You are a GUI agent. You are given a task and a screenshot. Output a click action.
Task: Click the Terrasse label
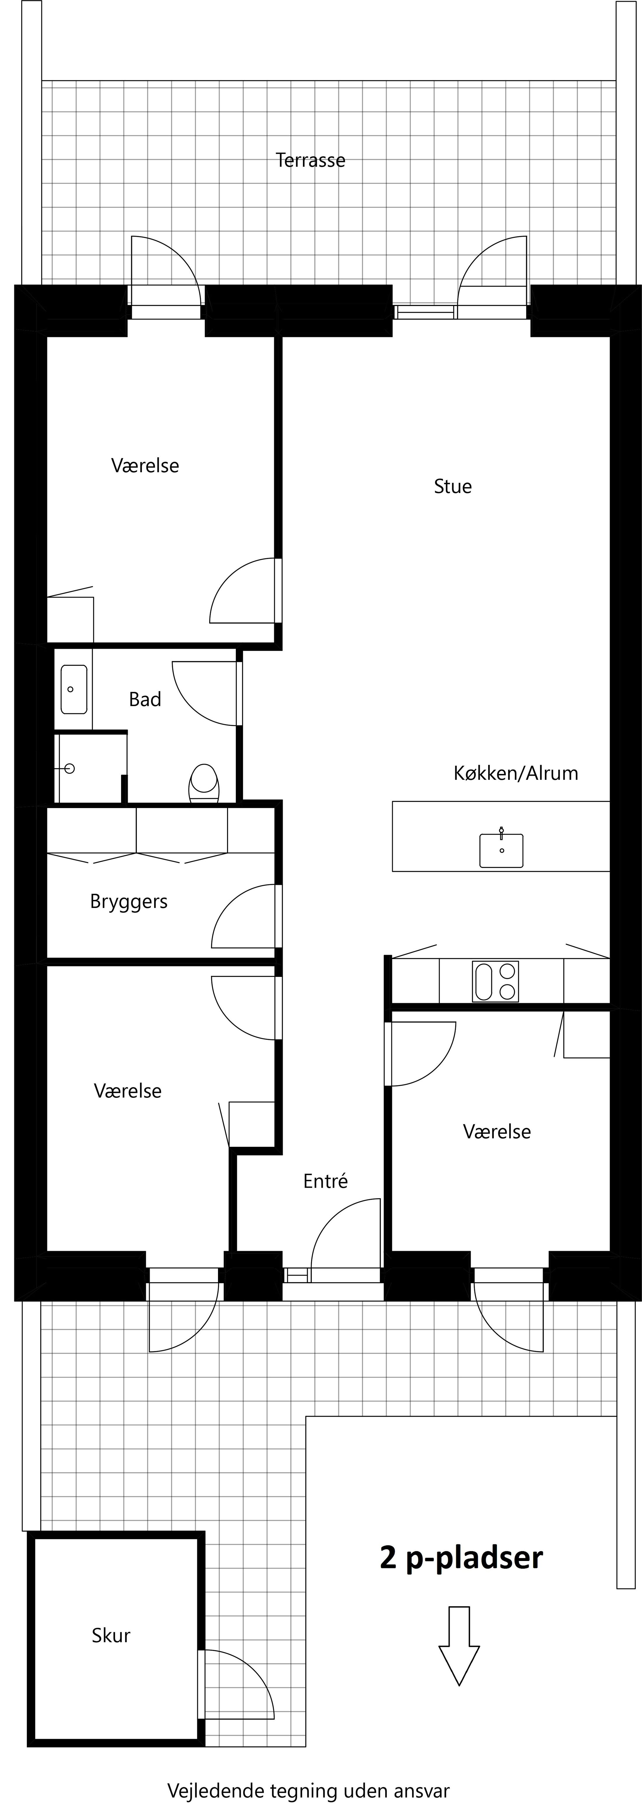310,161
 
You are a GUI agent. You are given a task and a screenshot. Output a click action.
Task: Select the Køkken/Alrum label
516,773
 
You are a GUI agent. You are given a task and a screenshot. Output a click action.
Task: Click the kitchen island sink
501,850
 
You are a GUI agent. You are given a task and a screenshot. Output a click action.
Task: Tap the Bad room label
145,700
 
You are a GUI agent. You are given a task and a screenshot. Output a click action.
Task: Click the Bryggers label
129,902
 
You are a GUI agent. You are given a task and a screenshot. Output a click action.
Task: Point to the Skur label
111,1636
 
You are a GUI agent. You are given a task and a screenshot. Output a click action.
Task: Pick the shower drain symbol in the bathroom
69,768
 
